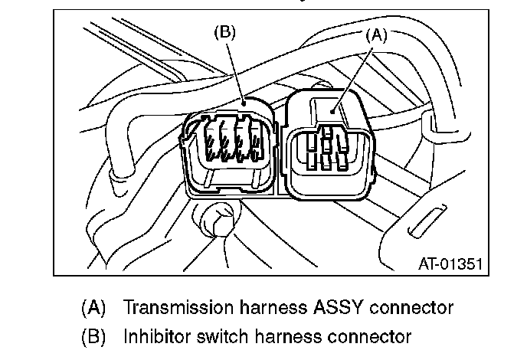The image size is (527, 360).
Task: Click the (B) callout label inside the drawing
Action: (x=224, y=31)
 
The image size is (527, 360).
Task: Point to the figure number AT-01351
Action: (x=450, y=264)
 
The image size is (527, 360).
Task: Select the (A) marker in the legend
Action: (x=94, y=308)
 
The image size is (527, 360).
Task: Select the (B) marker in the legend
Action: (x=94, y=335)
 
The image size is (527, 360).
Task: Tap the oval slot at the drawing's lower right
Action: (x=421, y=221)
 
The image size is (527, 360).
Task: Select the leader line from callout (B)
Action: (x=236, y=69)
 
